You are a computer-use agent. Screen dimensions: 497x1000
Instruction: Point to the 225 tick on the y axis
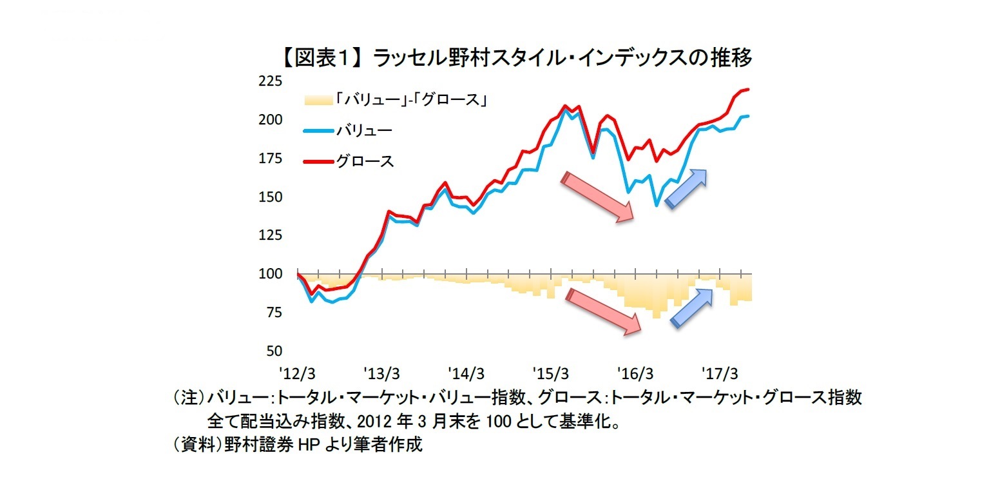(x=271, y=82)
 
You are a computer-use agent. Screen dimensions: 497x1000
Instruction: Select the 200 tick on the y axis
(x=271, y=121)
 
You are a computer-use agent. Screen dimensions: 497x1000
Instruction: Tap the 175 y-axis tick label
(x=271, y=159)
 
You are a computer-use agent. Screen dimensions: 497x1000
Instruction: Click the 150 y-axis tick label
(x=271, y=197)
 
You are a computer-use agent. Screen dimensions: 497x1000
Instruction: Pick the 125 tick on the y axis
(x=271, y=236)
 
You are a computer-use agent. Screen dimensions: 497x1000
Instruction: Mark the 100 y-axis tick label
(x=271, y=275)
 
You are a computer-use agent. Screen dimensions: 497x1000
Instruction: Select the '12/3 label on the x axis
(x=298, y=374)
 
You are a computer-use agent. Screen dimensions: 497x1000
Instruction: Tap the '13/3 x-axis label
(x=382, y=374)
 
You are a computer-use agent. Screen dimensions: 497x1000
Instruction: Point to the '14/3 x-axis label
(x=466, y=374)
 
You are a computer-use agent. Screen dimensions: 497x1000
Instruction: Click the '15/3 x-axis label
(x=551, y=374)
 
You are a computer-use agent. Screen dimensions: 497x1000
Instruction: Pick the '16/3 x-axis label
(x=635, y=374)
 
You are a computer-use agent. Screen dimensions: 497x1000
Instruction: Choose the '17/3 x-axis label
(x=720, y=374)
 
